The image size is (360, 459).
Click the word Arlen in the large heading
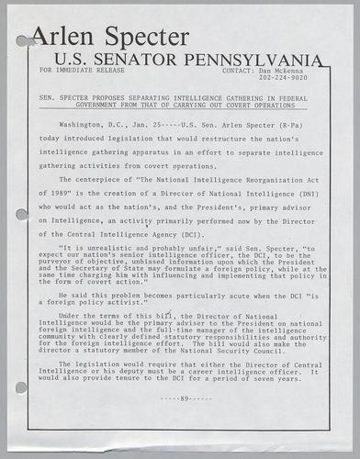(64, 38)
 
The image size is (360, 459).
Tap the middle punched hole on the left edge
(20, 218)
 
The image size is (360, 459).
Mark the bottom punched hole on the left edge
(20, 387)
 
